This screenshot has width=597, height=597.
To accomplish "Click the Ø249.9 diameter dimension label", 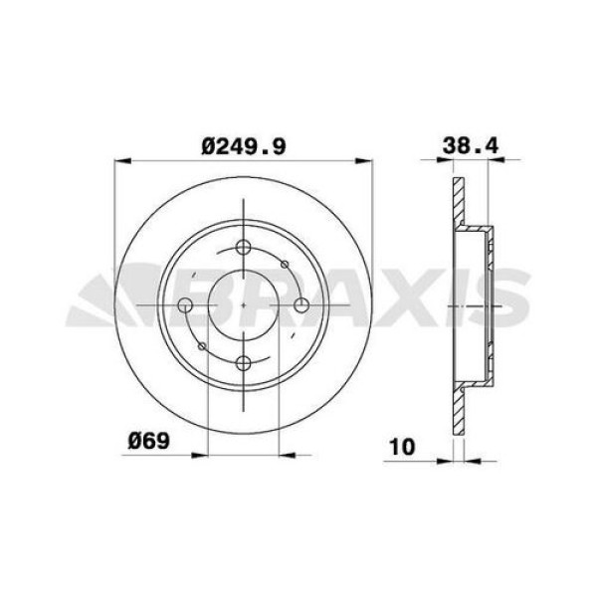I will [x=244, y=145].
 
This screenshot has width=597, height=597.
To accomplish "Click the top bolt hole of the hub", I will [x=244, y=249].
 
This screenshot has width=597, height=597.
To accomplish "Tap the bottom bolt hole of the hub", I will [x=244, y=362].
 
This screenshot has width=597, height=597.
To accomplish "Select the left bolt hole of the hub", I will [x=186, y=305].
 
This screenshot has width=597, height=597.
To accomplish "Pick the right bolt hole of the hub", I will [x=301, y=305].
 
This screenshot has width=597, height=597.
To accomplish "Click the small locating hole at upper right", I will [x=286, y=264].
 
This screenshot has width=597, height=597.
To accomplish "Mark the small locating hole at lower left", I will [x=202, y=346].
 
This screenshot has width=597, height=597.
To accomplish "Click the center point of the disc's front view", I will [x=244, y=305].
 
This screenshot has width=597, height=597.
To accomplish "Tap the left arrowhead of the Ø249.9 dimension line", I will [x=122, y=159].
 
